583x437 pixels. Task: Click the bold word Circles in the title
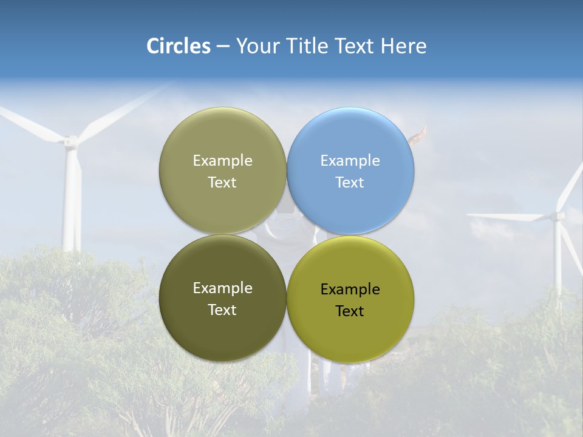click(179, 46)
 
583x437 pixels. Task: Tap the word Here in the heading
click(403, 46)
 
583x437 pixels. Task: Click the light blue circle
click(350, 171)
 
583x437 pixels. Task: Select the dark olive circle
click(222, 299)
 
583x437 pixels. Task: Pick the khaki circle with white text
click(222, 171)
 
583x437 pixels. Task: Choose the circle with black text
click(350, 299)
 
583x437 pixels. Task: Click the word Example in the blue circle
click(350, 161)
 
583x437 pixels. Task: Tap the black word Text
click(350, 311)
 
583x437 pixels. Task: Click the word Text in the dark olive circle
click(222, 310)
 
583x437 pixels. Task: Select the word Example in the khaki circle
click(222, 161)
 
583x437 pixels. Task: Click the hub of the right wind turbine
click(557, 215)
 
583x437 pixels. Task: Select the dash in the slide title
click(223, 46)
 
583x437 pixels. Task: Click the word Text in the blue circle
click(350, 183)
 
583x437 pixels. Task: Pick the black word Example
click(350, 290)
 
